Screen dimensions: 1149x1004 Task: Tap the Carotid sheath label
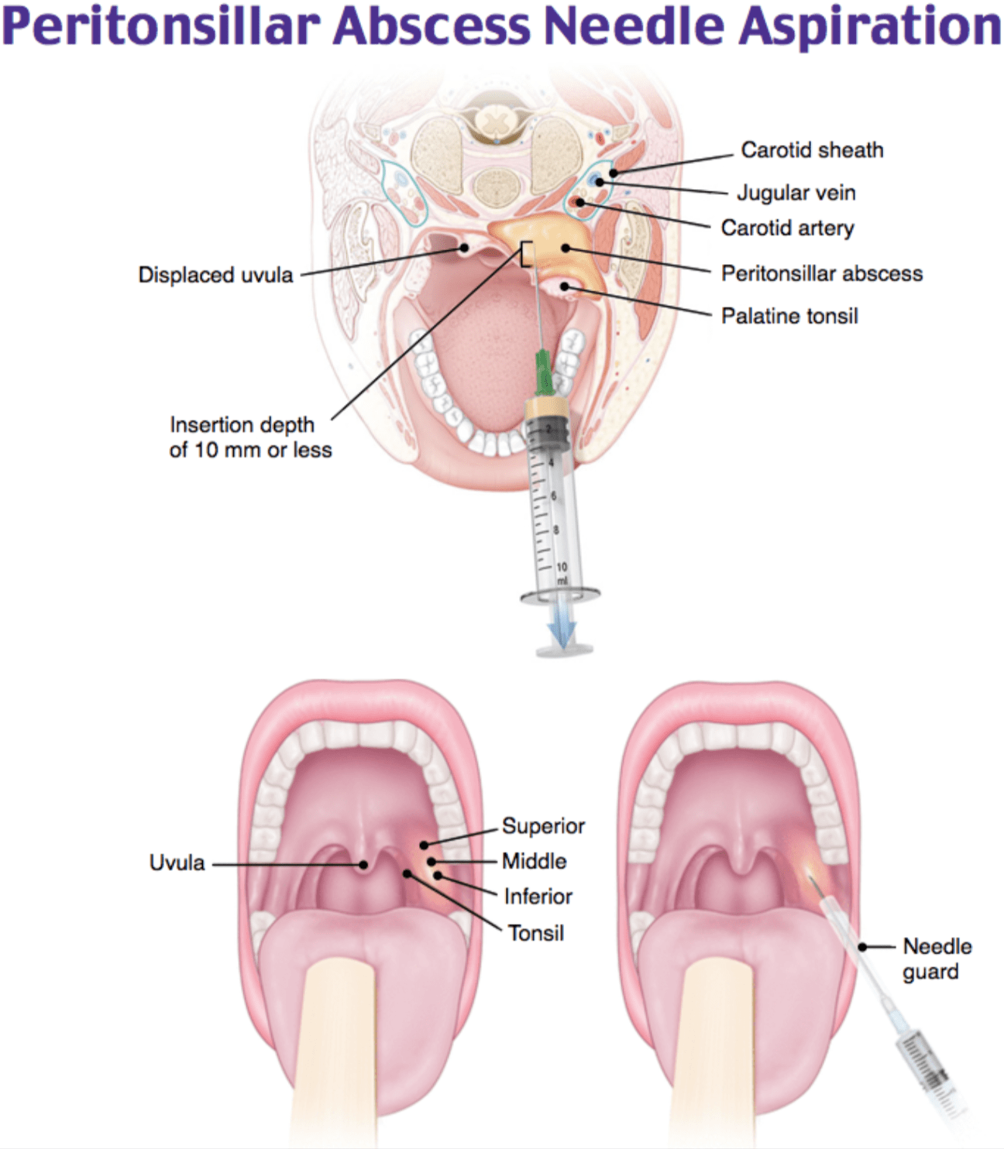812,150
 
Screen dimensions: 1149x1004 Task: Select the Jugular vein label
796,193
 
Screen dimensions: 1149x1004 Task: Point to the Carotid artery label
787,228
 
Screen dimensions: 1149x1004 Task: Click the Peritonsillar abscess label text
822,273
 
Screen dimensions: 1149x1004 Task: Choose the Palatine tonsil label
789,316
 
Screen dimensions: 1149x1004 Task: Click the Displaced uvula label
215,275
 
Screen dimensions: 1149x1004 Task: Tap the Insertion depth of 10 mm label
250,437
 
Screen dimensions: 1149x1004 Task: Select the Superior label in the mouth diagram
543,826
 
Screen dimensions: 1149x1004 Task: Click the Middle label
534,861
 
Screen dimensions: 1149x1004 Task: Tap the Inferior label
538,897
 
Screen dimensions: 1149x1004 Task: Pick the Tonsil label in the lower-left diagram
535,933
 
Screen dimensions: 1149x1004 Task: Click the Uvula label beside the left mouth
177,863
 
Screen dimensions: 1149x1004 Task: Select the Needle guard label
937,959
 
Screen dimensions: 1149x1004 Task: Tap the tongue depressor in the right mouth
716,1053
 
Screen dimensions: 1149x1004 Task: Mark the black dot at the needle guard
862,946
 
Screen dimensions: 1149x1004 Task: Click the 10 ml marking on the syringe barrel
562,573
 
